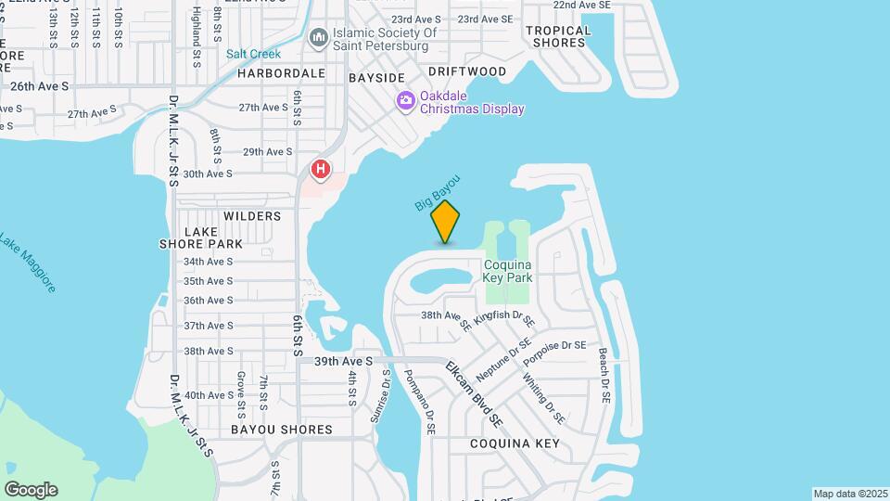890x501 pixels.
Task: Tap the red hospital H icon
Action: click(321, 169)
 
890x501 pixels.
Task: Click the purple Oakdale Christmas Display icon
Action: click(405, 101)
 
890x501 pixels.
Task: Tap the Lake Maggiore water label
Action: click(28, 262)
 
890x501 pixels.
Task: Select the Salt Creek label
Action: click(253, 54)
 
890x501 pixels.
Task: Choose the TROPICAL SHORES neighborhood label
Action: click(558, 36)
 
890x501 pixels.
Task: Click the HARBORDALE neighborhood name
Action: click(281, 72)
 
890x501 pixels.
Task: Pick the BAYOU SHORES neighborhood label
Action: click(281, 430)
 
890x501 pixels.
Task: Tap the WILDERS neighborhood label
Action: click(251, 216)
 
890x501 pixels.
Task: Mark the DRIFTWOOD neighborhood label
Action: click(467, 71)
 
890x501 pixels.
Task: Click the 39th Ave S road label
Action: click(343, 361)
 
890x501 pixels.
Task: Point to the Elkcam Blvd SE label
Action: click(474, 394)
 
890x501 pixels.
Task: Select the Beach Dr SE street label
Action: click(604, 376)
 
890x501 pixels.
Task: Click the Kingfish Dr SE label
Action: click(504, 318)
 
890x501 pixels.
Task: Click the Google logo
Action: click(31, 490)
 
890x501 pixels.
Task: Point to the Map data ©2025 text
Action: click(850, 494)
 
